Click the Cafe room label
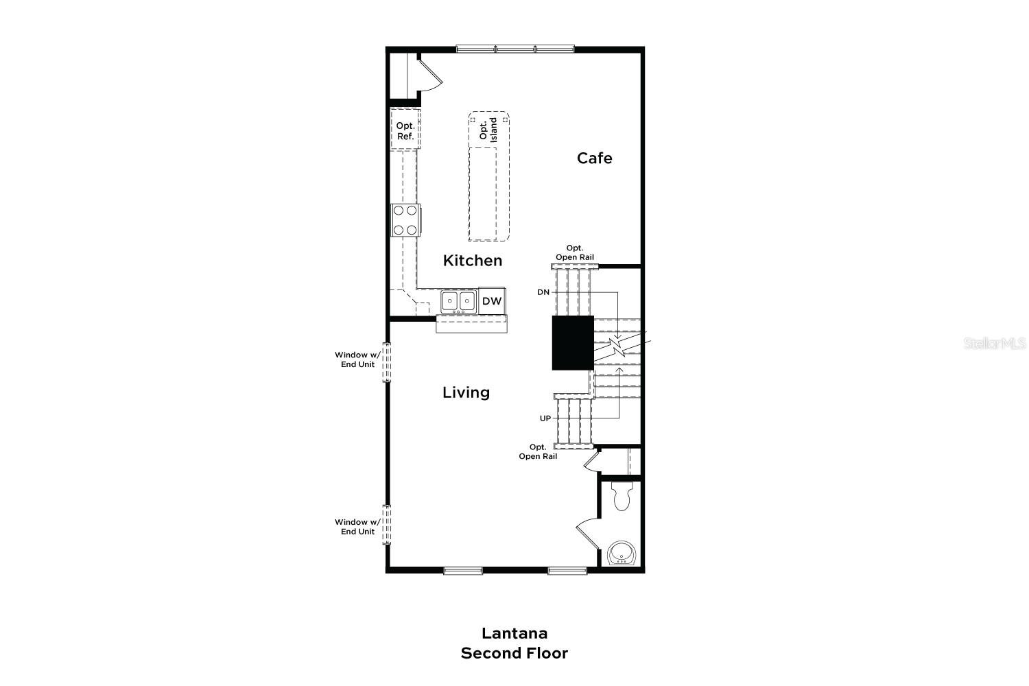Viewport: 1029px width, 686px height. pyautogui.click(x=594, y=158)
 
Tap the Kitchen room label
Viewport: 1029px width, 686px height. pyautogui.click(x=473, y=261)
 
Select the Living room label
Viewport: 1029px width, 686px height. pyautogui.click(x=466, y=392)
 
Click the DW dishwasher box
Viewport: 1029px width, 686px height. pyautogui.click(x=491, y=300)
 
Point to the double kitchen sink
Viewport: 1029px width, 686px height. pyautogui.click(x=458, y=300)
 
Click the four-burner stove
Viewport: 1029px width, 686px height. pyautogui.click(x=405, y=220)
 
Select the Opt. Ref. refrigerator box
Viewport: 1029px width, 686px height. pyautogui.click(x=405, y=131)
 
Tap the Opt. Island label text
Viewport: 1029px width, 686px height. pyautogui.click(x=488, y=130)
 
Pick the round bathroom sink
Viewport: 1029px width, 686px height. pyautogui.click(x=622, y=553)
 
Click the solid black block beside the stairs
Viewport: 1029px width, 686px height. pyautogui.click(x=573, y=343)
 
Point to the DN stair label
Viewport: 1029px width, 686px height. pyautogui.click(x=543, y=292)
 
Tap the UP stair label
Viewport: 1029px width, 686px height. pyautogui.click(x=545, y=418)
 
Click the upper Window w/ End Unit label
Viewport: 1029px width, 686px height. pyautogui.click(x=357, y=359)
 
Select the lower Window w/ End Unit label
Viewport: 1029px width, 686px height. pyautogui.click(x=357, y=527)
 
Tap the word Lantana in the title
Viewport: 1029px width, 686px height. pyautogui.click(x=514, y=633)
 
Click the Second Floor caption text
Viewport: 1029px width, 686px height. pyautogui.click(x=514, y=653)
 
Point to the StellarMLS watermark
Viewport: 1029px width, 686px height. pyautogui.click(x=995, y=343)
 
